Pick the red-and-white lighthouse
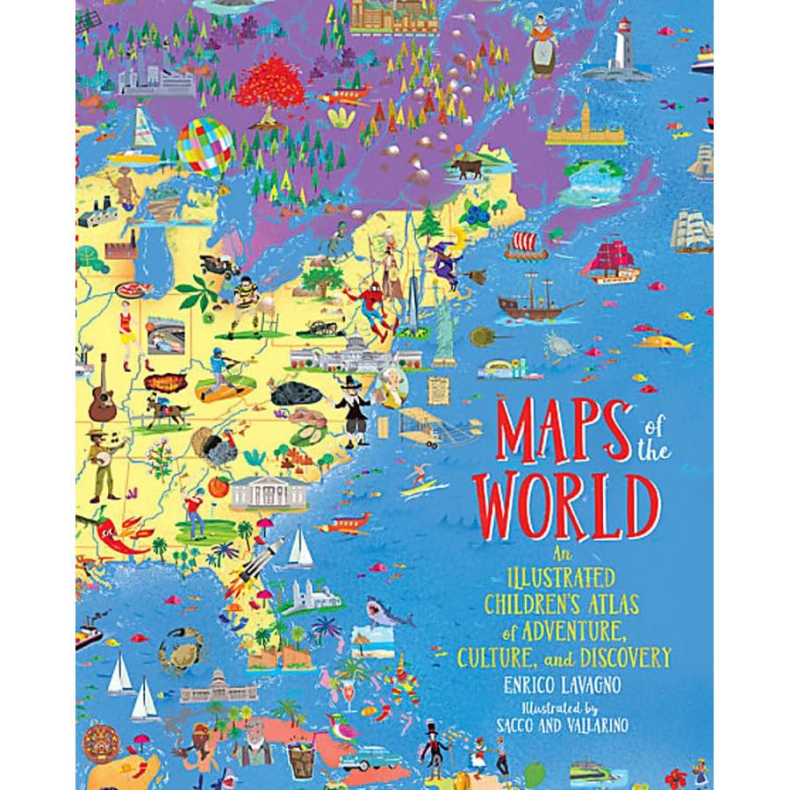pyautogui.click(x=626, y=48)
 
